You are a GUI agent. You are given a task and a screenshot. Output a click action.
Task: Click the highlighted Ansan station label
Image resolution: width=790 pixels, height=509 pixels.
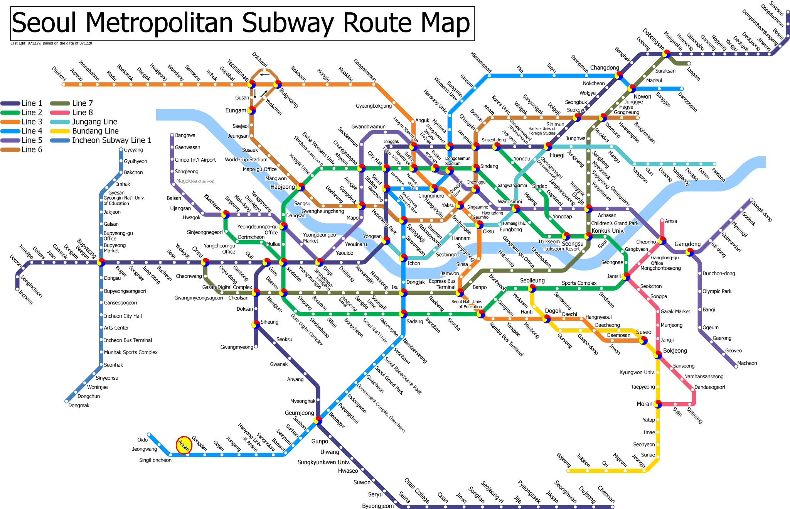click(184, 445)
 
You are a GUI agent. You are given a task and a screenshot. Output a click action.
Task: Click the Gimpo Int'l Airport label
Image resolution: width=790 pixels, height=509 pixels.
click(195, 160)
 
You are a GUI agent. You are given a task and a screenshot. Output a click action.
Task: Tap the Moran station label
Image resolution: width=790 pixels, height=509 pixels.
click(644, 404)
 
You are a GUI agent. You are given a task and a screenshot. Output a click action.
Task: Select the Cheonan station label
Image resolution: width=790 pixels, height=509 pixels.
click(606, 494)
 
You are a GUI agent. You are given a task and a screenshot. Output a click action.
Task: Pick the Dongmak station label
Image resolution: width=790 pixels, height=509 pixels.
click(79, 405)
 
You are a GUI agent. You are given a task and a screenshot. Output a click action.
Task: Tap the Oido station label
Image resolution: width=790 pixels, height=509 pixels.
click(142, 440)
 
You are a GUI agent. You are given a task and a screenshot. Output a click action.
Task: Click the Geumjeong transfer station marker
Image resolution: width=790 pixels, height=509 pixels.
click(318, 421)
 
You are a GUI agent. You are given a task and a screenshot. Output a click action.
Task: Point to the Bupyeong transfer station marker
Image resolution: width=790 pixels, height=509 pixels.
click(101, 262)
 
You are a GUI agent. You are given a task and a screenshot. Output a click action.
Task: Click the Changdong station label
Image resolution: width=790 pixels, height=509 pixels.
click(604, 68)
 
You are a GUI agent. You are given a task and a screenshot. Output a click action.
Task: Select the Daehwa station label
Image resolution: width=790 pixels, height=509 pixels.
click(59, 74)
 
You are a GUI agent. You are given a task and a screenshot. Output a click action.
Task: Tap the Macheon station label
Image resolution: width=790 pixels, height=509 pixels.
click(747, 363)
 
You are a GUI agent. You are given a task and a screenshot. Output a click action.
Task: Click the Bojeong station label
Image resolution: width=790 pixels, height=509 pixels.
click(563, 460)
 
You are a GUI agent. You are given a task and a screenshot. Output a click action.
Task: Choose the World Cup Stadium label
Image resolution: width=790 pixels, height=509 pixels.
click(246, 159)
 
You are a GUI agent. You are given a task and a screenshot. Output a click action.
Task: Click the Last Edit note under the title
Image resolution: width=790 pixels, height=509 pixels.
click(51, 43)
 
